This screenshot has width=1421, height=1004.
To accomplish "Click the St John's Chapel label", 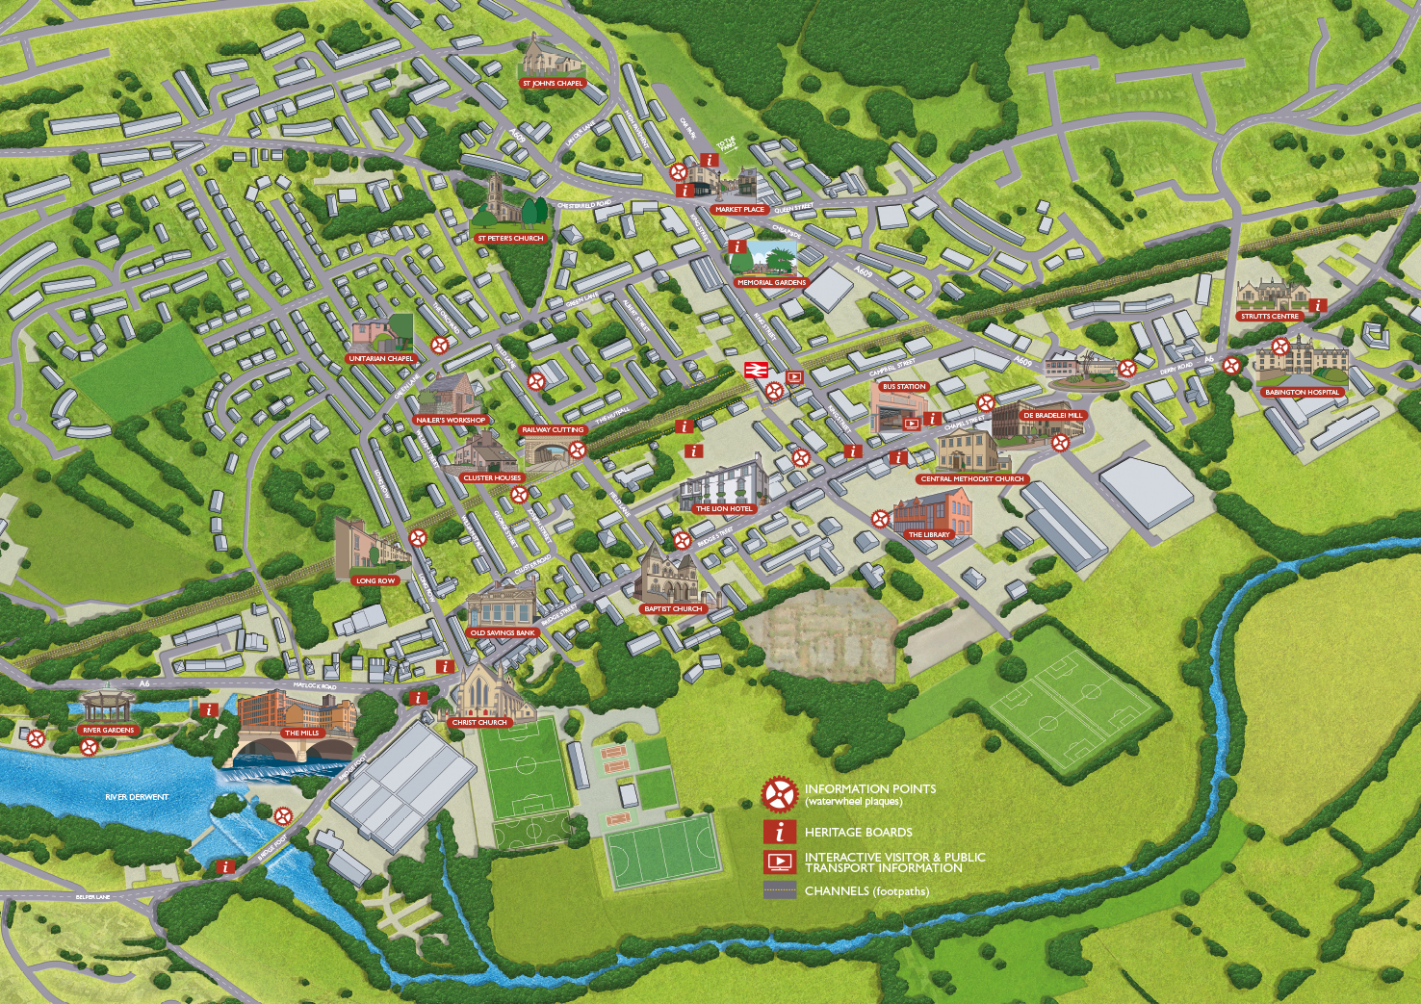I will pyautogui.click(x=553, y=84).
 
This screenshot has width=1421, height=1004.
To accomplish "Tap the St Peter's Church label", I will pyautogui.click(x=510, y=239).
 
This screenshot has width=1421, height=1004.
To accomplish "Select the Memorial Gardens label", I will pyautogui.click(x=771, y=283).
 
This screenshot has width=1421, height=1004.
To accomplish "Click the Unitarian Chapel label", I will pyautogui.click(x=380, y=359).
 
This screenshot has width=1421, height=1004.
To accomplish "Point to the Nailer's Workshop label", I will pyautogui.click(x=451, y=421).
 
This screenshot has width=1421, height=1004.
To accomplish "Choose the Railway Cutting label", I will pyautogui.click(x=553, y=430).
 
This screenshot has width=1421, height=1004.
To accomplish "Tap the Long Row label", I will pyautogui.click(x=375, y=581).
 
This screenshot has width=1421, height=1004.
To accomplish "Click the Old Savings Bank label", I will pyautogui.click(x=503, y=633).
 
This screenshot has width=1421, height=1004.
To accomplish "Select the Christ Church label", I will pyautogui.click(x=479, y=723).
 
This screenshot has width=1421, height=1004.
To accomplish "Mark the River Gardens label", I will pyautogui.click(x=109, y=731).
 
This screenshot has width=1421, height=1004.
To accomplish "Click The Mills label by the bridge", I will pyautogui.click(x=301, y=734).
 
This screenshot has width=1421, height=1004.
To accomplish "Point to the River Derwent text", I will pyautogui.click(x=137, y=797).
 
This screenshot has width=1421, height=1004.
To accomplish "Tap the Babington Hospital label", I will pyautogui.click(x=1302, y=393).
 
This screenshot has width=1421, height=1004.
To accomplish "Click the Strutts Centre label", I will pyautogui.click(x=1270, y=317).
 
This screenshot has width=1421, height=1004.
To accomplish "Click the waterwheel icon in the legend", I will pyautogui.click(x=779, y=795).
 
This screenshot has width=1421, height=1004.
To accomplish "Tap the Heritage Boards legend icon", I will pyautogui.click(x=779, y=832).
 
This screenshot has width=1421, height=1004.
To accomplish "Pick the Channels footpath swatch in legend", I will pyautogui.click(x=779, y=890).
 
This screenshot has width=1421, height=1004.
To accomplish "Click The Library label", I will pyautogui.click(x=929, y=535).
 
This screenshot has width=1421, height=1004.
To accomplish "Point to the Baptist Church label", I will pyautogui.click(x=674, y=609).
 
